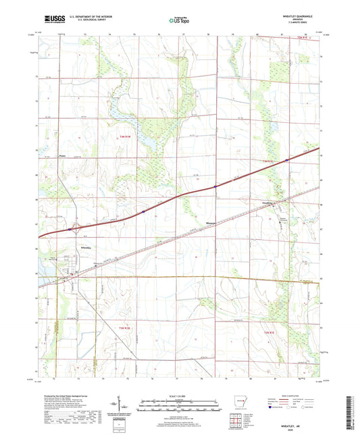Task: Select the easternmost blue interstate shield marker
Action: tap(287, 160)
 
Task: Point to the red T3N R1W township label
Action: tap(132, 328)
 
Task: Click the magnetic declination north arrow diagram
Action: tap(127, 407)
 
